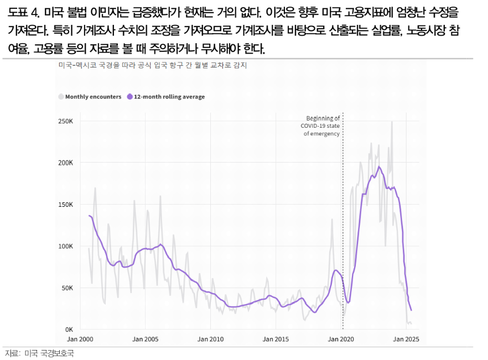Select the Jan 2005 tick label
point(145,340)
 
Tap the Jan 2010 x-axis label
point(210,340)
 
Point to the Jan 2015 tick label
point(276,340)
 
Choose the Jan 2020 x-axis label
point(341,340)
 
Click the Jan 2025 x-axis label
point(406,340)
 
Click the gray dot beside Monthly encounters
point(61,97)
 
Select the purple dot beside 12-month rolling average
point(129,97)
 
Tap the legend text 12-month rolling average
point(169,97)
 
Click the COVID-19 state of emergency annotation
point(320,126)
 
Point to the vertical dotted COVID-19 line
point(343,221)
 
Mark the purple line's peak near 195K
point(379,166)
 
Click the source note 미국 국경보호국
point(49,353)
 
